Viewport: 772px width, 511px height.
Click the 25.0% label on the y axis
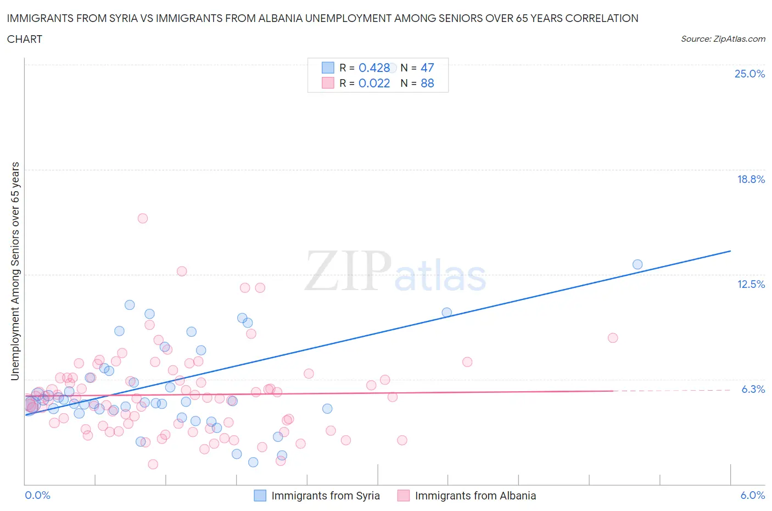749,74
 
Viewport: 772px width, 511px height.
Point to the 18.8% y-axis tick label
751,179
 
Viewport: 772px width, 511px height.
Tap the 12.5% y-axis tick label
751,284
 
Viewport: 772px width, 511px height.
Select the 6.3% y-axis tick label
753,389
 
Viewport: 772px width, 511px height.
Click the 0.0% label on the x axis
37,495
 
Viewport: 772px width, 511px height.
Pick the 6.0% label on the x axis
752,495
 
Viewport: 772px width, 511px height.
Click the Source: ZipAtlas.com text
723,38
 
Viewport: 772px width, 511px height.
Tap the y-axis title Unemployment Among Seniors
15,271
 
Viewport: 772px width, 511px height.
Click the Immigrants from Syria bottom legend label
325,496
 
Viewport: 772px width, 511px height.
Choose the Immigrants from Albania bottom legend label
475,496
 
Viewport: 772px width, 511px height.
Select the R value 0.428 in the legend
374,68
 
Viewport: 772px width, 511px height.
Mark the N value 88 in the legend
427,83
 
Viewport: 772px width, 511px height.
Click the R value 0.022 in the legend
374,83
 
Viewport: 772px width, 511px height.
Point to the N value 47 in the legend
427,68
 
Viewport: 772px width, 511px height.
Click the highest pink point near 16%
143,218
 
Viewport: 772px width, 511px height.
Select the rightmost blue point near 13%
637,264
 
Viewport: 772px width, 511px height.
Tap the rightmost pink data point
613,338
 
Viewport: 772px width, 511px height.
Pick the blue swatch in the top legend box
328,68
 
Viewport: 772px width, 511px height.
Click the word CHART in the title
25,39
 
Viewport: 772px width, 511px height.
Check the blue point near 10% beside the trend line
447,312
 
